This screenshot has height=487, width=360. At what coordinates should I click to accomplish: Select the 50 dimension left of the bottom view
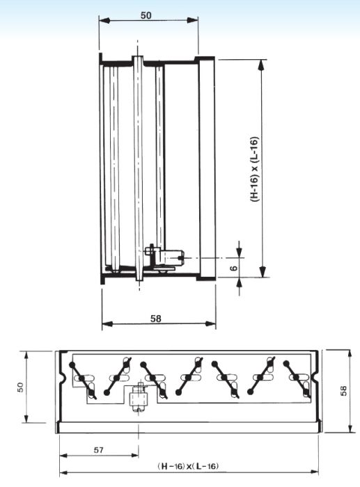pos(21,386)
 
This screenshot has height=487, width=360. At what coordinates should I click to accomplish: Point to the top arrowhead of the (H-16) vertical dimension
pos(262,63)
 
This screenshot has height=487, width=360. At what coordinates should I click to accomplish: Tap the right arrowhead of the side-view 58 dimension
pos(212,324)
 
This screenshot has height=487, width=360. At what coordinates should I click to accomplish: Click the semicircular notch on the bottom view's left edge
pos(61,380)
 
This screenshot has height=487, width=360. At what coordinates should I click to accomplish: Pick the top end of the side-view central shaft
pos(141,58)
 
